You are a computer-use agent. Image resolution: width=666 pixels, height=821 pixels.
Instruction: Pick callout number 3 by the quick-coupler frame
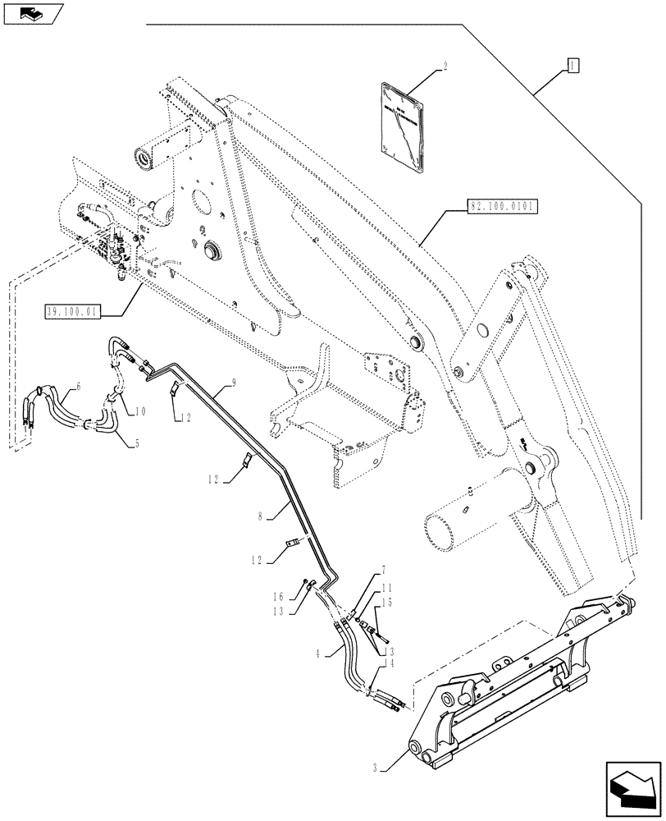[x=375, y=768]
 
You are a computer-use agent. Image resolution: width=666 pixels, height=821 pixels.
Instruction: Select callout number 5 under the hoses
[x=136, y=443]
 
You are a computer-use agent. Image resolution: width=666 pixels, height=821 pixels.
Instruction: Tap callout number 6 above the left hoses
[x=79, y=384]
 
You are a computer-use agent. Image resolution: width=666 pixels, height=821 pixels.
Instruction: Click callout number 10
[x=140, y=410]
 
